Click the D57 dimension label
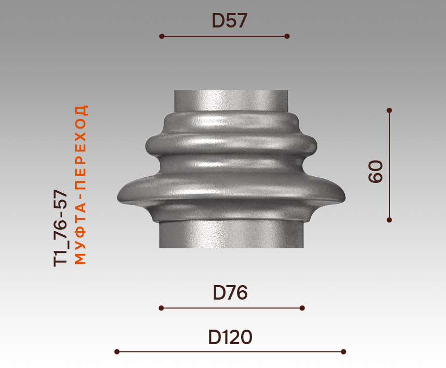pyautogui.click(x=229, y=20)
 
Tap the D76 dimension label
pyautogui.click(x=230, y=292)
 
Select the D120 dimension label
pyautogui.click(x=230, y=337)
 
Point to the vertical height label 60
pyautogui.click(x=375, y=172)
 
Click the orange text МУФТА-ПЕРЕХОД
pyautogui.click(x=80, y=185)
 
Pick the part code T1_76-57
pyautogui.click(x=61, y=228)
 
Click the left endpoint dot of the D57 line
pyautogui.click(x=162, y=36)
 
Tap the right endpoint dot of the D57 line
pyautogui.click(x=287, y=36)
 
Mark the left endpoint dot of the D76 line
pyautogui.click(x=161, y=308)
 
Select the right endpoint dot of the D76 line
pyautogui.click(x=302, y=308)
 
